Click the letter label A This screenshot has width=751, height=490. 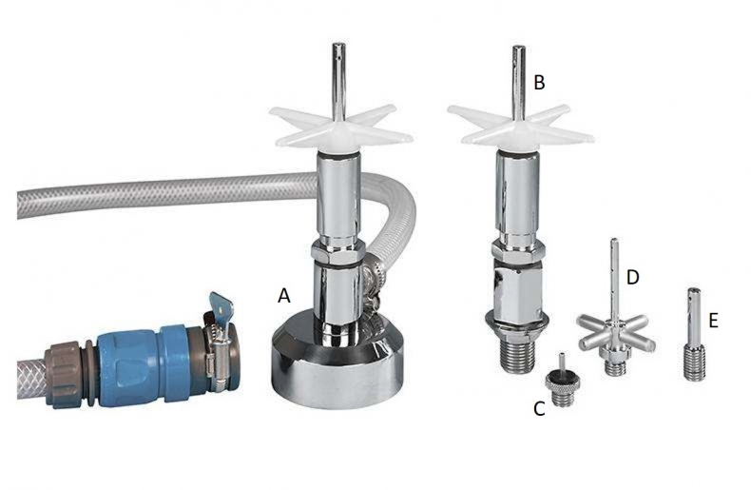coord(284,296)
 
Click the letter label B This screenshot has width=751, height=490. coord(539,83)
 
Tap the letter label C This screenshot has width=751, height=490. coord(539,408)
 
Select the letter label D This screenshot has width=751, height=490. coord(633,277)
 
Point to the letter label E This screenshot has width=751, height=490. coord(714,321)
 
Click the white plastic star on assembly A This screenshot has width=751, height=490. coord(340,127)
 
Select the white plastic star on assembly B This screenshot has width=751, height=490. coord(521,128)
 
